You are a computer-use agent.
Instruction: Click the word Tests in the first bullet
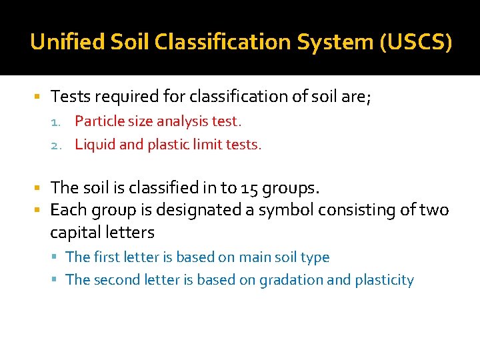[70, 97]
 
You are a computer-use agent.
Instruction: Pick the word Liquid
[95, 144]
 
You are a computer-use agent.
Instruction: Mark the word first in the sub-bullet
[105, 257]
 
